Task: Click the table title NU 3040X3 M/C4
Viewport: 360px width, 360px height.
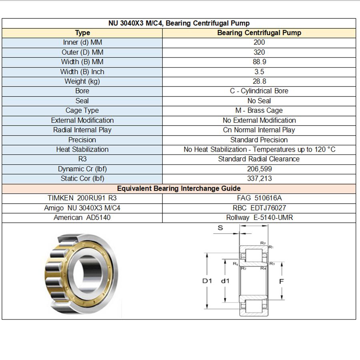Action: (x=136, y=23)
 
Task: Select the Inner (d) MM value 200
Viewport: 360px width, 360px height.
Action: (x=259, y=42)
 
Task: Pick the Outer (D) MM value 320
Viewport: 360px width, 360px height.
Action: (x=259, y=52)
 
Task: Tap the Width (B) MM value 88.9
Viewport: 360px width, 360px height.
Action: (x=260, y=62)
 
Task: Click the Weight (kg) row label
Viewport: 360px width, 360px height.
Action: (x=82, y=82)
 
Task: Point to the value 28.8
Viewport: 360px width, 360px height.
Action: (x=260, y=82)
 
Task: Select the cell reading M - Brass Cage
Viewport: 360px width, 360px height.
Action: (x=259, y=111)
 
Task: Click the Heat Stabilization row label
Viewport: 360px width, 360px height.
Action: (x=82, y=150)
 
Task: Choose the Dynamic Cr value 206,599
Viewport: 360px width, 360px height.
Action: (x=260, y=169)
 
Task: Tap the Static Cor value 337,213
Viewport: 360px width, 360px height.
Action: (x=260, y=179)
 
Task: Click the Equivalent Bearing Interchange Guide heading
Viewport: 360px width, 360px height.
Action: (x=179, y=188)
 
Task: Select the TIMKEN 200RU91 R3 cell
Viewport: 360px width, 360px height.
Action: (x=82, y=198)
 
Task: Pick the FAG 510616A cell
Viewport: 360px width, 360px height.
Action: (x=260, y=198)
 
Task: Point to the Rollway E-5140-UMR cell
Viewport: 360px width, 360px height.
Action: (x=260, y=218)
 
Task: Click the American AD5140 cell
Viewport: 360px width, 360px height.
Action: (x=82, y=218)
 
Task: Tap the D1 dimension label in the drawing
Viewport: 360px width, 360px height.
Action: (x=207, y=281)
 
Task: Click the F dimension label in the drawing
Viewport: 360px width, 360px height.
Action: (x=282, y=282)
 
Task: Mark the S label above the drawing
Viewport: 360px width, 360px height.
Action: (x=220, y=228)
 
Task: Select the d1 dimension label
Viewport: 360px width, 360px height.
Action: (x=225, y=281)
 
